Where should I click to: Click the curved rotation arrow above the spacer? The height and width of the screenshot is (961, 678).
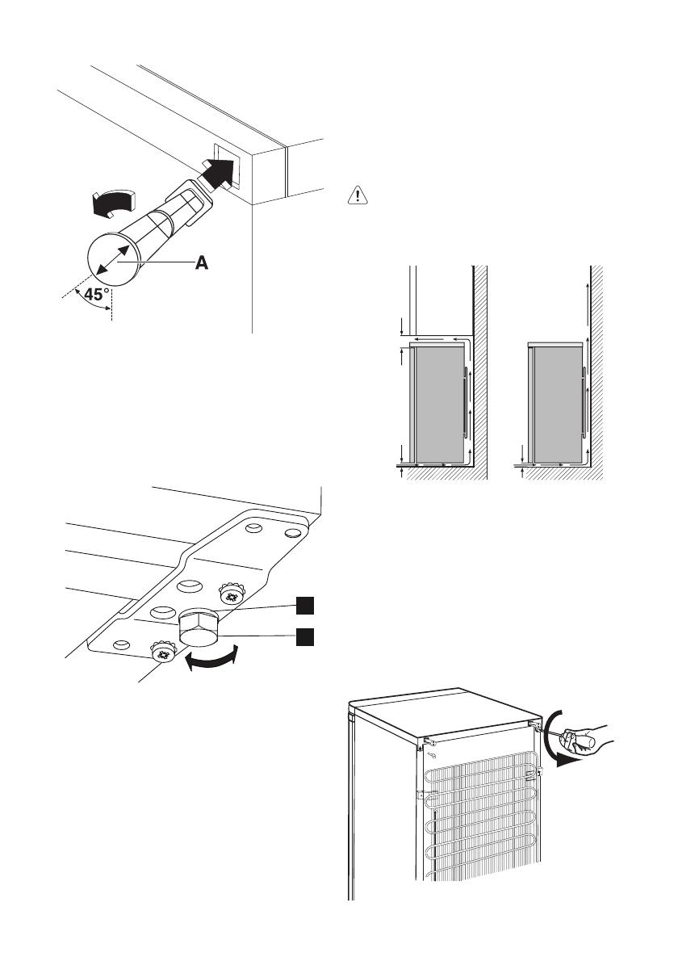(x=112, y=203)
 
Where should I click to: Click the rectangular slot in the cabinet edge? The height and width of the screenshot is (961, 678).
(x=225, y=165)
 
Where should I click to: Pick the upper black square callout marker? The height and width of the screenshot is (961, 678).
(x=302, y=605)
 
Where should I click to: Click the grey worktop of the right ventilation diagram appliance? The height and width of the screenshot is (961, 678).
(x=555, y=344)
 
